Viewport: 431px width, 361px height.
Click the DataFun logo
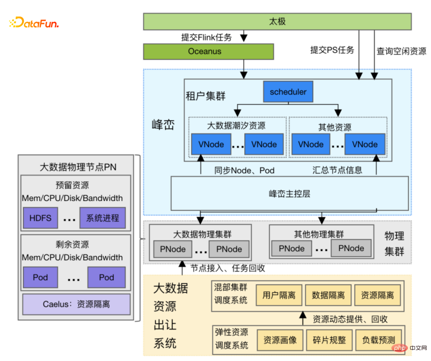pyautogui.click(x=34, y=23)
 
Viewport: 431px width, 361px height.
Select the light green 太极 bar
pyautogui.click(x=277, y=21)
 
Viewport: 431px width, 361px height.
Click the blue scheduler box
pyautogui.click(x=288, y=92)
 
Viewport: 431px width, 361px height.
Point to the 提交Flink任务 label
pyautogui.click(x=206, y=38)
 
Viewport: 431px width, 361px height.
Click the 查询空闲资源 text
pyautogui.click(x=401, y=51)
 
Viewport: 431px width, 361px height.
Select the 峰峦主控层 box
pyautogui.click(x=289, y=194)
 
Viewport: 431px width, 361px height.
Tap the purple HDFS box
pyautogui.click(x=40, y=218)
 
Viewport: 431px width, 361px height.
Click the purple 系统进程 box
pyautogui.click(x=103, y=218)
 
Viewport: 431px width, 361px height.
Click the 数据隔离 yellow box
pyautogui.click(x=328, y=296)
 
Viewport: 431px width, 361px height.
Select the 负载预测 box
pyautogui.click(x=378, y=340)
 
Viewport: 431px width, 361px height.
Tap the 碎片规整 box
pyautogui.click(x=329, y=340)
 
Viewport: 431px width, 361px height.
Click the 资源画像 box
pyautogui.click(x=280, y=340)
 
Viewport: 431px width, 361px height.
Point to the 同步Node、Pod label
pyautogui.click(x=244, y=170)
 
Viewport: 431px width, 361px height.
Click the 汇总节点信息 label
pyautogui.click(x=337, y=170)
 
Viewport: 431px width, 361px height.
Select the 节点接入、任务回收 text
pyautogui.click(x=227, y=268)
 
